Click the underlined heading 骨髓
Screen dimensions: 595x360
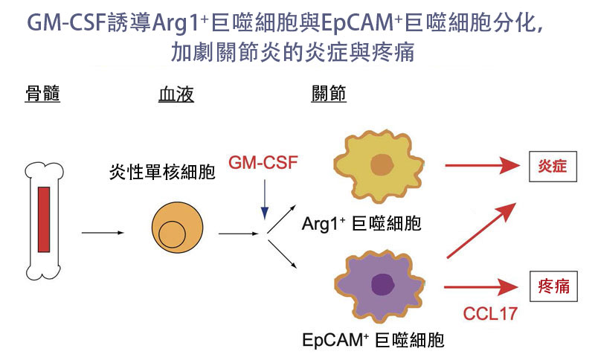click(x=42, y=94)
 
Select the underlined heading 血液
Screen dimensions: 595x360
click(x=176, y=94)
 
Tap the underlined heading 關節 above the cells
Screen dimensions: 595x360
click(x=329, y=94)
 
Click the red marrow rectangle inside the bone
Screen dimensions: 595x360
click(x=44, y=219)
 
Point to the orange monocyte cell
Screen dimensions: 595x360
click(x=177, y=227)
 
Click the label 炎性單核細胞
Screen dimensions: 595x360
click(x=162, y=173)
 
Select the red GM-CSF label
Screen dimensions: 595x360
click(x=263, y=162)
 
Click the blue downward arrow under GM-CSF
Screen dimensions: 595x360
click(x=265, y=199)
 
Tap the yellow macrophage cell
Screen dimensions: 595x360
click(x=379, y=165)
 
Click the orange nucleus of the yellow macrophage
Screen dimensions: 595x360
click(x=382, y=164)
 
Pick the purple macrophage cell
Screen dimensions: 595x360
click(x=379, y=286)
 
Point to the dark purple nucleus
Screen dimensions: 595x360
click(x=382, y=285)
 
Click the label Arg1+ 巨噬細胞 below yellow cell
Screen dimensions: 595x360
click(x=361, y=223)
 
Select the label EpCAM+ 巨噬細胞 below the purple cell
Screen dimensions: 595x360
click(x=373, y=340)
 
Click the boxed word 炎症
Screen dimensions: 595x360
click(x=553, y=167)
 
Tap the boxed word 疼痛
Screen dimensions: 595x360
click(x=553, y=286)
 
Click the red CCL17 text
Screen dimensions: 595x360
click(x=490, y=314)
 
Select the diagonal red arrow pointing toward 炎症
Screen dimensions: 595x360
click(x=481, y=231)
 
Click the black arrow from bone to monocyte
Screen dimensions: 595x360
click(x=103, y=233)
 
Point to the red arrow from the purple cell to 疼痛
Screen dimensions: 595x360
click(x=481, y=287)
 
